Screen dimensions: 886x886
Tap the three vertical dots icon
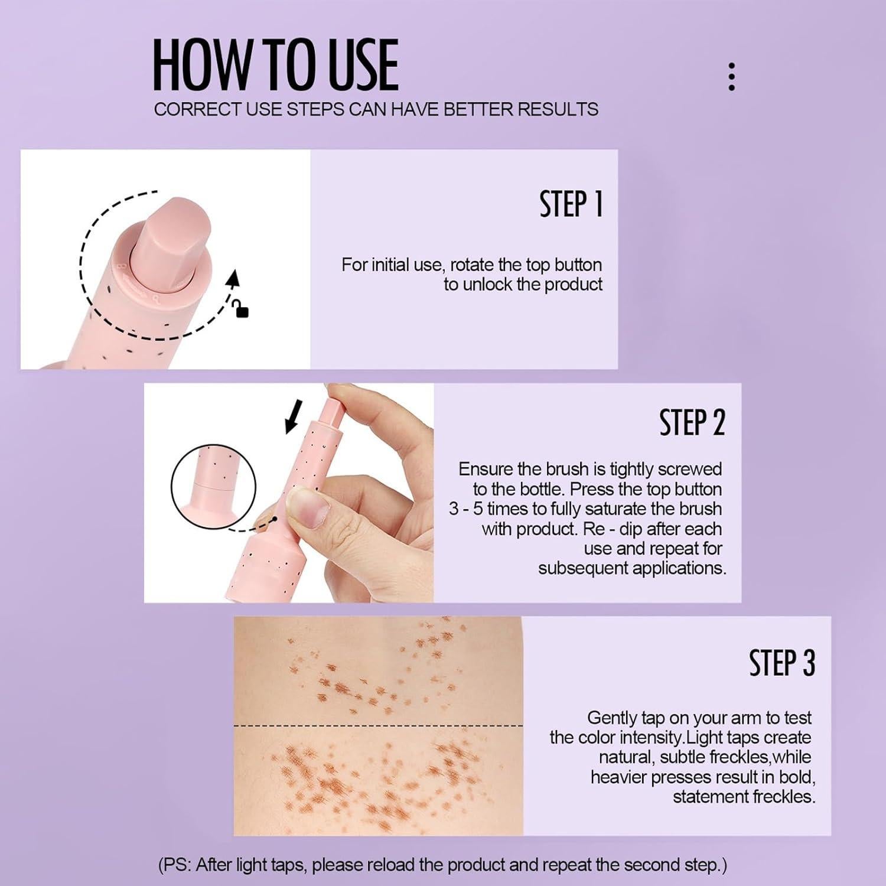732,77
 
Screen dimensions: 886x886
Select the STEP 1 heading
571,204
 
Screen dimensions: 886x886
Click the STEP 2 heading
692,423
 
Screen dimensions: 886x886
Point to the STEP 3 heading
781,663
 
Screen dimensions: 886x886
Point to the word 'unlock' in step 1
487,285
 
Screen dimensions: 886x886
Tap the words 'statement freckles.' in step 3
744,797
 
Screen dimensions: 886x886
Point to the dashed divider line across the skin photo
378,725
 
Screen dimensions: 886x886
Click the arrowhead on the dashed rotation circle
234,278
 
